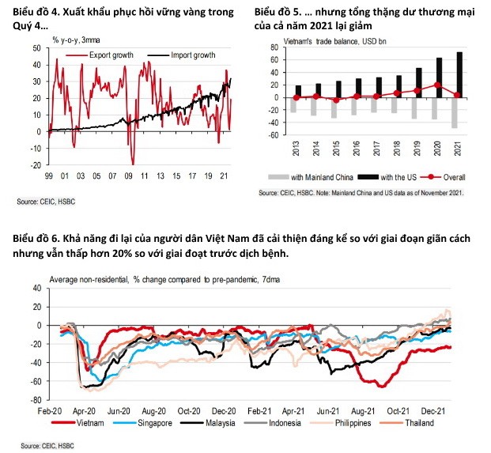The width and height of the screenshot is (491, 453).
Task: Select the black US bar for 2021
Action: coord(459,75)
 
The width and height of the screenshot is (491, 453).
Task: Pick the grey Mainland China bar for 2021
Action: coord(455,113)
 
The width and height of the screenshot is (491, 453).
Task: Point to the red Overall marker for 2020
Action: coord(437,85)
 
